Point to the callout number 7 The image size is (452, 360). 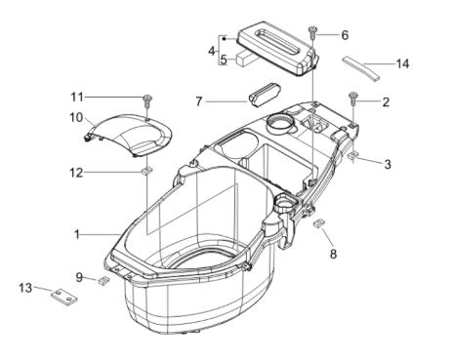pos(199,100)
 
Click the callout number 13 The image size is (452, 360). pos(26,287)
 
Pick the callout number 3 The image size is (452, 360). pos(387,165)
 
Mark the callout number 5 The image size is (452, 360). pos(224,59)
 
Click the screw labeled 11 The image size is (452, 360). pos(148,100)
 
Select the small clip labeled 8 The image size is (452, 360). pos(317,223)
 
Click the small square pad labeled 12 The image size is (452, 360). pos(145,173)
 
